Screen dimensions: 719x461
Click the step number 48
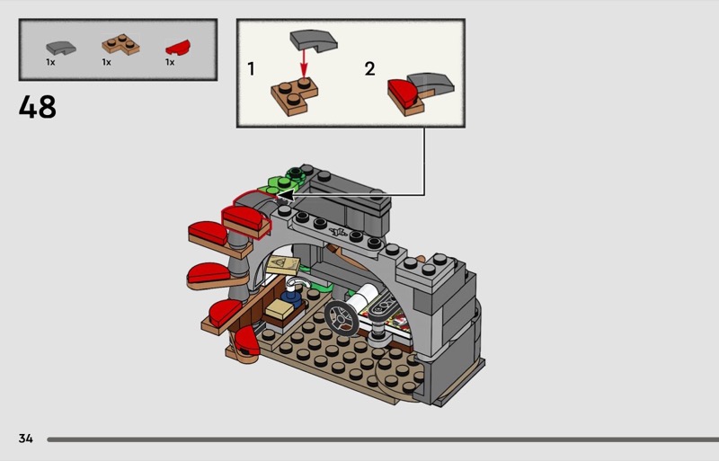(x=38, y=107)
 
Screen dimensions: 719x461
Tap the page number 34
(x=26, y=439)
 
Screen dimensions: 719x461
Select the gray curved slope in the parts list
(x=61, y=48)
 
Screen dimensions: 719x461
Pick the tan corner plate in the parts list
(x=120, y=45)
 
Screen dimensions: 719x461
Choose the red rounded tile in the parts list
(x=178, y=48)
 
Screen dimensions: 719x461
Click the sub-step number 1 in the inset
(x=251, y=69)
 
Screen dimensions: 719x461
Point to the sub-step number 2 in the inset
(x=369, y=69)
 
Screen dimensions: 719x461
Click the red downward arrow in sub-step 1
(x=303, y=64)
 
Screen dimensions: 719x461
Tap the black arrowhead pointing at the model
(x=285, y=196)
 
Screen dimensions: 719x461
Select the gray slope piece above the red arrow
(x=314, y=40)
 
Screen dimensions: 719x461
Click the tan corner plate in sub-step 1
(x=295, y=96)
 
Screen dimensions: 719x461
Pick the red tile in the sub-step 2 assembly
(x=402, y=93)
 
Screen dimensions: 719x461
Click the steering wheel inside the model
(x=342, y=315)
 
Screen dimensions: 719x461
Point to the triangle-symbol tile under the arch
(x=283, y=266)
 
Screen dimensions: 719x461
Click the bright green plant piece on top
(x=280, y=183)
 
